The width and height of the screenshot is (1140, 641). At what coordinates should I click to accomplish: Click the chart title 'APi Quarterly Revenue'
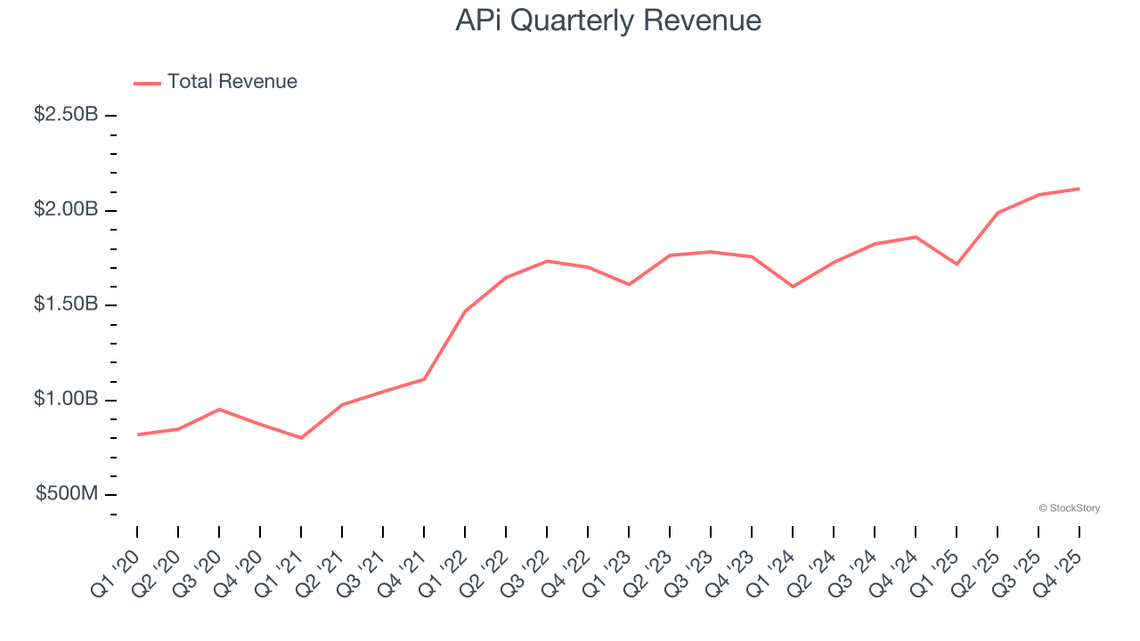click(x=608, y=20)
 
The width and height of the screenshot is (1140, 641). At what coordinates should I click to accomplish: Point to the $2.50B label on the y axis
click(x=66, y=116)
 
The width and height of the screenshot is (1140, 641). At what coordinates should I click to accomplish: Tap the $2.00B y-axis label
click(x=66, y=210)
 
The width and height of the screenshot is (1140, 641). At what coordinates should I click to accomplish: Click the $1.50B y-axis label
click(x=66, y=305)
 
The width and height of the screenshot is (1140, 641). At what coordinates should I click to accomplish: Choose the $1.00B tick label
click(x=66, y=400)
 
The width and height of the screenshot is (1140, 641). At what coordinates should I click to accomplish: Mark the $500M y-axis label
click(x=67, y=495)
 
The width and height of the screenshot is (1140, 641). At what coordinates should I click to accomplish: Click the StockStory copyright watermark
click(x=1070, y=508)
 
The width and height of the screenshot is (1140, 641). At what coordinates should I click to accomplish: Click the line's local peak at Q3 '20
click(x=219, y=410)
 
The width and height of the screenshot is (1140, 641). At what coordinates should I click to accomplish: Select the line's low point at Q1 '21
click(x=301, y=438)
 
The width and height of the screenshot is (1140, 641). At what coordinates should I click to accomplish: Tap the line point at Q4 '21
click(x=424, y=379)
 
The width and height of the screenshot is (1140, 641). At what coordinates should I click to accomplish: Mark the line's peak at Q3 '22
click(x=547, y=261)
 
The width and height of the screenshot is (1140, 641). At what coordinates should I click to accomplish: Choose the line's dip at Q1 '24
click(x=793, y=287)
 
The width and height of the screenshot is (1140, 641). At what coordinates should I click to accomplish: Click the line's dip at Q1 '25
click(x=957, y=264)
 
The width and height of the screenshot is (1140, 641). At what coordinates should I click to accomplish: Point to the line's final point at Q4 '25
click(x=1079, y=189)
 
